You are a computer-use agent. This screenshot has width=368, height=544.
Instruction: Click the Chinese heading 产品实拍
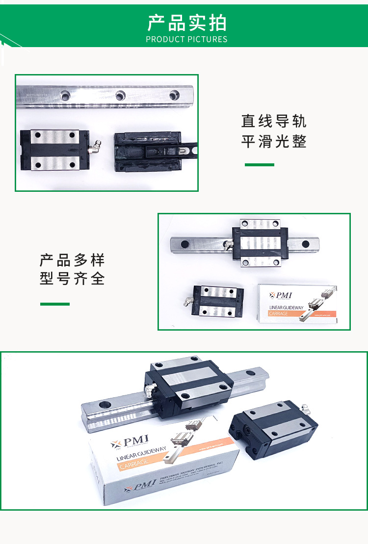click(x=186, y=23)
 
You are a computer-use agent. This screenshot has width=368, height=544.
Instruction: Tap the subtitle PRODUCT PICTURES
click(x=186, y=39)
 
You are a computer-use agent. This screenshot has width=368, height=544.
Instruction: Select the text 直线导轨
click(x=274, y=121)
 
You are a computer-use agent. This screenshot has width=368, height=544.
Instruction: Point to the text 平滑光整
click(x=274, y=142)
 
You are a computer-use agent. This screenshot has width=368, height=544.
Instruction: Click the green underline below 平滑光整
click(x=259, y=165)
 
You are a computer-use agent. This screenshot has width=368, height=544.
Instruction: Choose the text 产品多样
click(x=72, y=259)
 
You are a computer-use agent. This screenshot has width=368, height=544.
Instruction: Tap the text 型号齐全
click(x=72, y=279)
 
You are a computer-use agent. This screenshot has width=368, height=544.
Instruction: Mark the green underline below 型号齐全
click(x=54, y=304)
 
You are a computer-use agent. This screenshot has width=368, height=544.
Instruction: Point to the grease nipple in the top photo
click(x=94, y=146)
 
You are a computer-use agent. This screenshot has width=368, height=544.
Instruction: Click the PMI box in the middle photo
click(x=297, y=303)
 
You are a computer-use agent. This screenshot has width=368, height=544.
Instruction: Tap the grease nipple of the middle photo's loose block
click(x=187, y=303)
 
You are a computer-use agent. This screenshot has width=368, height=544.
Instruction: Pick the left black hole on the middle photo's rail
click(x=185, y=244)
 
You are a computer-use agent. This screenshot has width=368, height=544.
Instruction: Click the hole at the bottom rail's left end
click(x=105, y=406)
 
